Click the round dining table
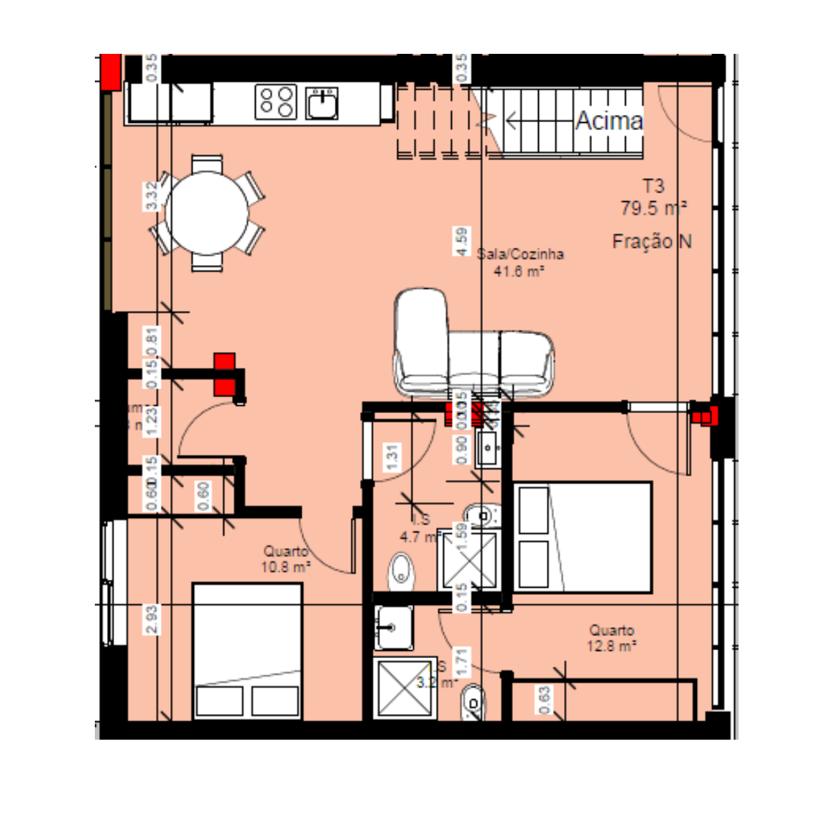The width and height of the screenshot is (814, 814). pyautogui.click(x=207, y=213)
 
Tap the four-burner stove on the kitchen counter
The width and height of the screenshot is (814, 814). pyautogui.click(x=277, y=101)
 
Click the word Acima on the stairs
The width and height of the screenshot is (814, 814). pyautogui.click(x=609, y=121)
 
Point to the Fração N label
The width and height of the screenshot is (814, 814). pyautogui.click(x=652, y=241)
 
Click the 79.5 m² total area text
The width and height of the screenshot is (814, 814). pyautogui.click(x=653, y=208)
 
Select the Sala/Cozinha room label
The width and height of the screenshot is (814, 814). pyautogui.click(x=520, y=254)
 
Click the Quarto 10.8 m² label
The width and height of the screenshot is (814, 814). pyautogui.click(x=286, y=559)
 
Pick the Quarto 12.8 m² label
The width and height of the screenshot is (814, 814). pyautogui.click(x=611, y=637)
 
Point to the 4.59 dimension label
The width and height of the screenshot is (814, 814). pyautogui.click(x=461, y=241)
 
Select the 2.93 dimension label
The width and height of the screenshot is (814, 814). pyautogui.click(x=152, y=620)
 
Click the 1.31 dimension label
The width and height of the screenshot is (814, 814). pyautogui.click(x=392, y=458)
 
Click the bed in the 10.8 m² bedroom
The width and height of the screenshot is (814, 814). pyautogui.click(x=247, y=650)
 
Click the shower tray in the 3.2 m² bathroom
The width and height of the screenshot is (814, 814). pyautogui.click(x=405, y=688)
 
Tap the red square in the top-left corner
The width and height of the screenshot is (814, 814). pyautogui.click(x=110, y=71)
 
